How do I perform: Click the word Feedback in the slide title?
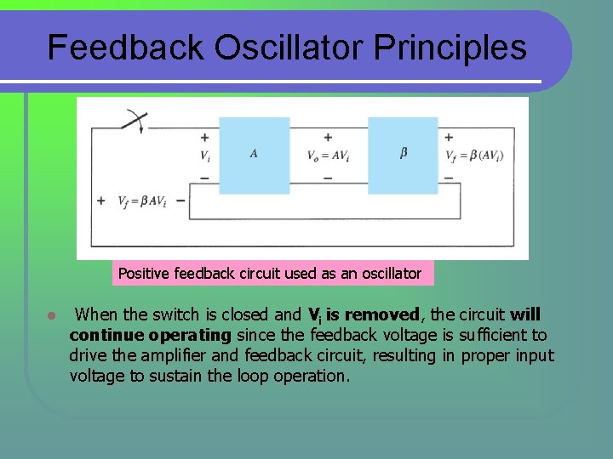point(125,48)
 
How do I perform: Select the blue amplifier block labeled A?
point(254,156)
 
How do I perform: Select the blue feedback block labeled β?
point(403,156)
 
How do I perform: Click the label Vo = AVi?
point(328,156)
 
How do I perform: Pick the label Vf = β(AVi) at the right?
point(474,156)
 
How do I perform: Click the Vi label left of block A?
point(205,156)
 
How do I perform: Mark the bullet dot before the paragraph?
point(51,315)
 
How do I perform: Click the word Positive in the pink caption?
point(144,273)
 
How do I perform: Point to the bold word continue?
point(108,335)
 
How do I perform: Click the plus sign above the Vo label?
point(328,136)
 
